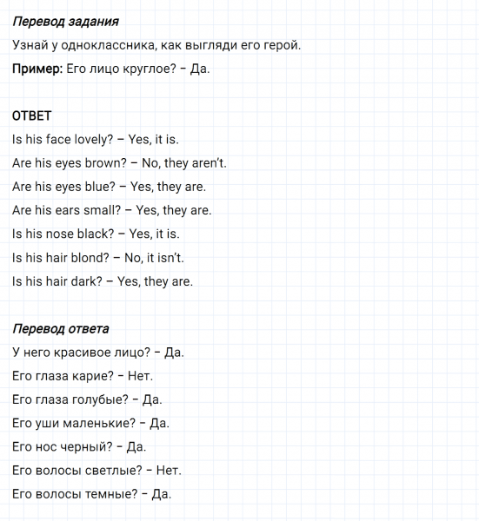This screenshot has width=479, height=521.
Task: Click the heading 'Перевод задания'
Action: (66, 21)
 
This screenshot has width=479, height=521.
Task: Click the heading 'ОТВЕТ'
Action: (32, 116)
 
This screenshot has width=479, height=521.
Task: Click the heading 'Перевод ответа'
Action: (61, 329)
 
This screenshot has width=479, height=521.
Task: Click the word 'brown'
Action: (98, 162)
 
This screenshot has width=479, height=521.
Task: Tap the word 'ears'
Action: (71, 210)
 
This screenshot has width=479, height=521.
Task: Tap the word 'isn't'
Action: (169, 258)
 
